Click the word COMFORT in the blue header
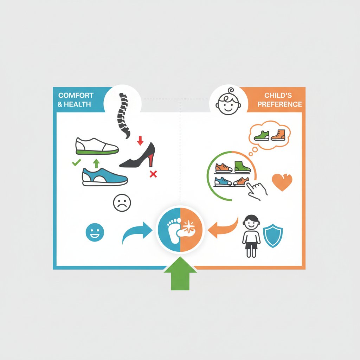click(76, 95)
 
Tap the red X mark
click(153, 174)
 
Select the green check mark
click(76, 162)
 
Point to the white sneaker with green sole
click(97, 146)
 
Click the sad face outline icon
click(122, 203)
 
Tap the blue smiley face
click(94, 233)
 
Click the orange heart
click(282, 182)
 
